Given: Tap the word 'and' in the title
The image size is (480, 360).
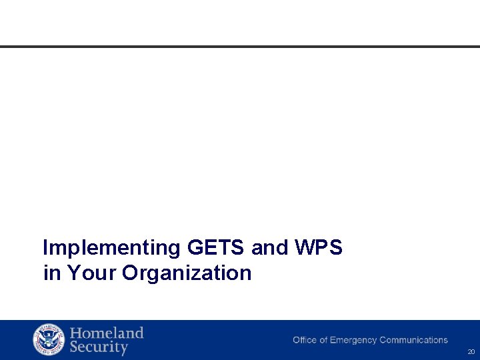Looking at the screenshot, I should coord(270,248).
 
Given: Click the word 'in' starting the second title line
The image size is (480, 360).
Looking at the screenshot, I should coord(51,273).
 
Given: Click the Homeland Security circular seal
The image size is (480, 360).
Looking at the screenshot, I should coord(49,340).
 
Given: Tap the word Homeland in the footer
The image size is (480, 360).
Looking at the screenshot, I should coord(107,333).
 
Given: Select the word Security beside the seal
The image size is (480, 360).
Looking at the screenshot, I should coord(99,347).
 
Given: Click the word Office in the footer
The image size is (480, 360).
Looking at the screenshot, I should coord(305,340).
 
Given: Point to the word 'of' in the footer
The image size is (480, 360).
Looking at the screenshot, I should coord(323,340).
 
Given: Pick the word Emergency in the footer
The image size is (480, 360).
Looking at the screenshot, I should coord(353,340).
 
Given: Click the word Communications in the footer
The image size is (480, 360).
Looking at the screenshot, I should coord(413,340).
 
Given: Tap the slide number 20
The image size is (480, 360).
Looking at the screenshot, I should coord(471,351).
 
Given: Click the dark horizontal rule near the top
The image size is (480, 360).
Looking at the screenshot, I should coord(240,47).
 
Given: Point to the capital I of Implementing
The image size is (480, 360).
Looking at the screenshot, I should coord(45,248).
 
